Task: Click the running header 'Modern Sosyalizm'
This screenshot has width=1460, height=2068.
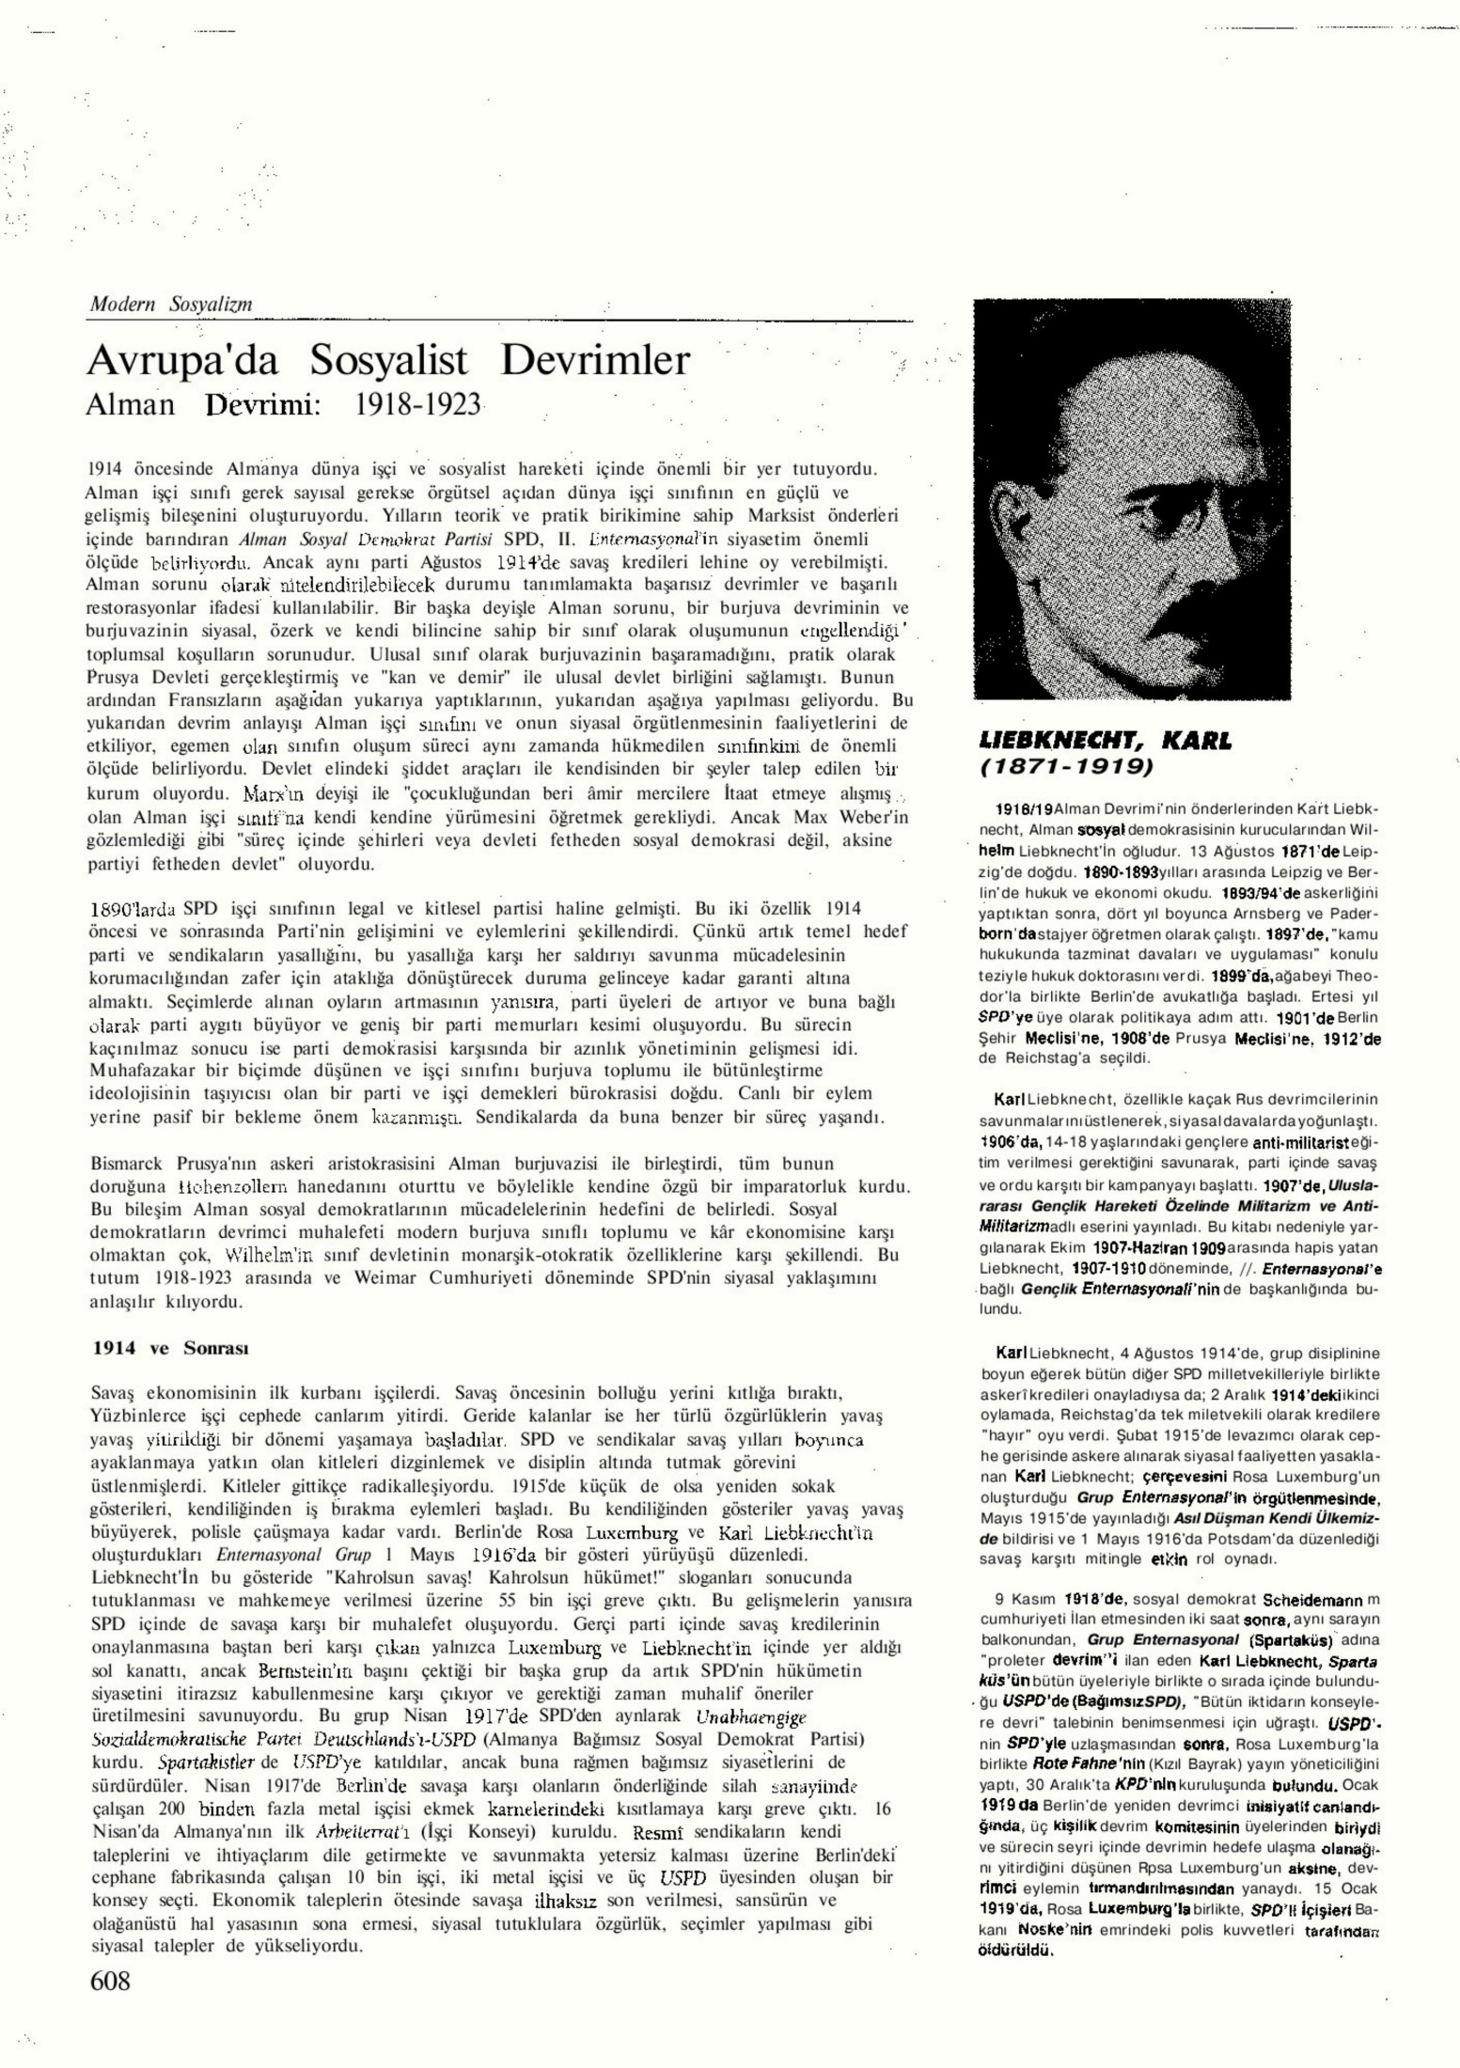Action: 170,305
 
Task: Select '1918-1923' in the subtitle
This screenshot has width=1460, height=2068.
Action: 417,405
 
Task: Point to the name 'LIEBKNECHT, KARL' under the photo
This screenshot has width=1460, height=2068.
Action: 1105,741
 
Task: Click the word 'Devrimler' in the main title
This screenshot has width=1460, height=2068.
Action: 595,361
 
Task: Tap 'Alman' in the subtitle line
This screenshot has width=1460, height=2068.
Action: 131,405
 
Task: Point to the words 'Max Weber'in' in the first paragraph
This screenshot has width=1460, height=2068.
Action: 850,817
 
